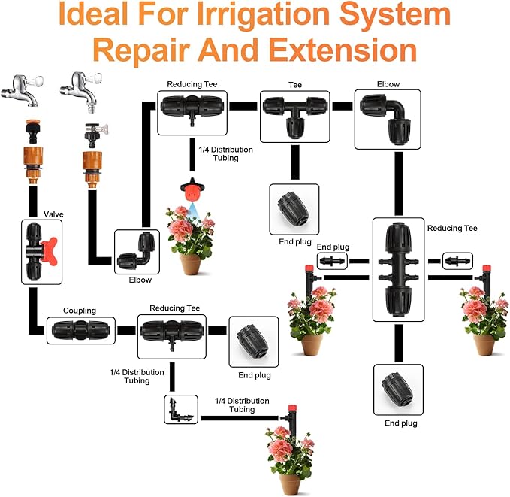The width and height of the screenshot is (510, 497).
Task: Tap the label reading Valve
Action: pos(53,214)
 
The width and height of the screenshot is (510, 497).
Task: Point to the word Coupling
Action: pos(80,310)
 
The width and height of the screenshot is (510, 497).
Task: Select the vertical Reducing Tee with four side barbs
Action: pos(398,268)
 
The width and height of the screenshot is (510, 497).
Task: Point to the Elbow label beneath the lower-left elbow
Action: pos(140,280)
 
